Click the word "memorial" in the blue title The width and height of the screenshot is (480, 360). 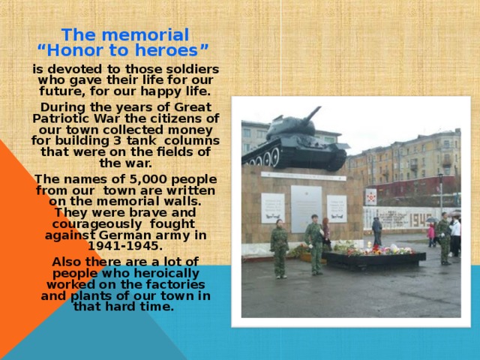click(148, 35)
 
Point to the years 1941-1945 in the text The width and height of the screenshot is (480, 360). click(124, 245)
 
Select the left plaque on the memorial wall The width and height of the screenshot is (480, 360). click(272, 208)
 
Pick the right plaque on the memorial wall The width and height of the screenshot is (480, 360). click(337, 208)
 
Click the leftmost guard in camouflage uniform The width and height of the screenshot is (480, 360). click(279, 247)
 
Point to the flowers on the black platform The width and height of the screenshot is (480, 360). click(375, 250)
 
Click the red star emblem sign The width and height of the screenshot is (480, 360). click(370, 196)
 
